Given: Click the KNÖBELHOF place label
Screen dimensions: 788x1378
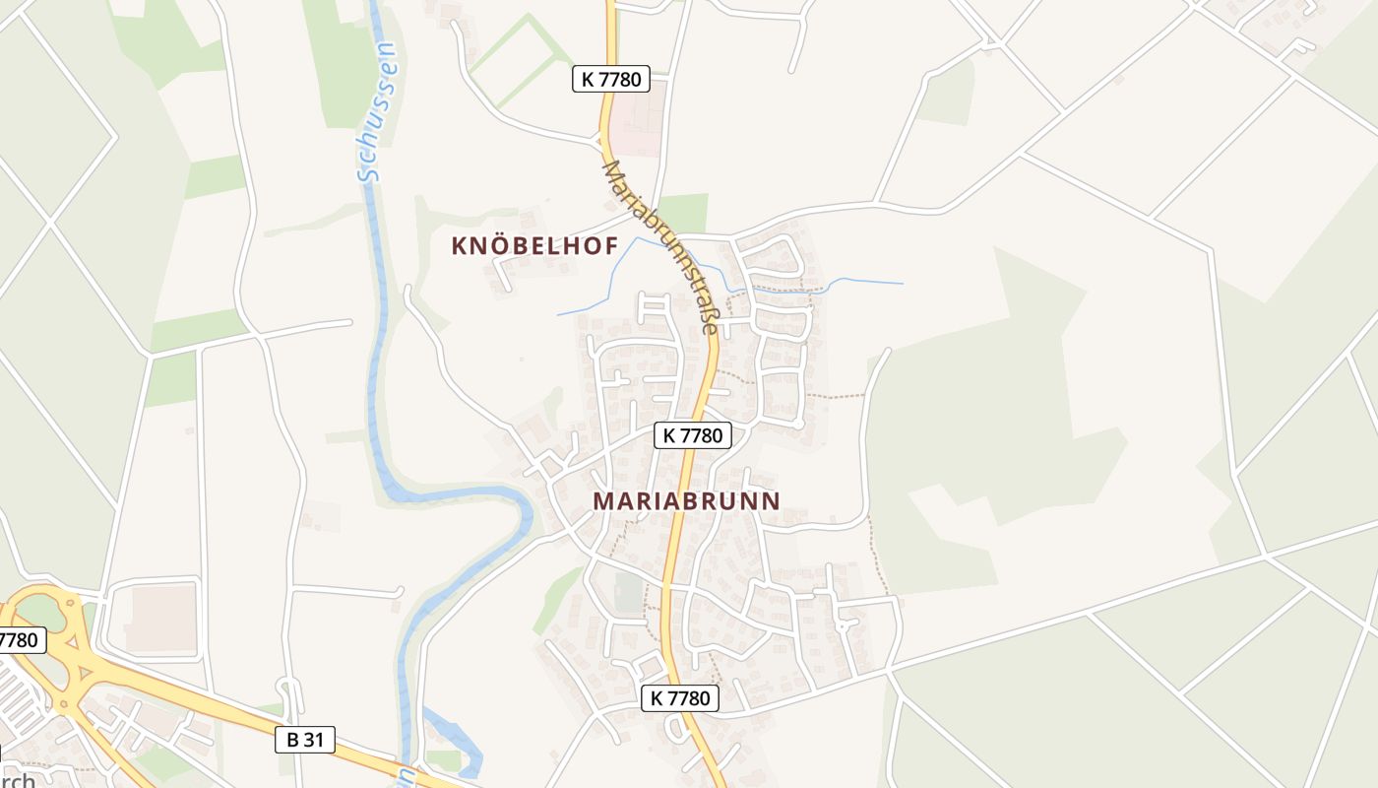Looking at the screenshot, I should (534, 246).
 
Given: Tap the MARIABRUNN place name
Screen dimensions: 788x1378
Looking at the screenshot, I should (686, 501).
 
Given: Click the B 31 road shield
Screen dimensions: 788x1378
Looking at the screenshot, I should (305, 740).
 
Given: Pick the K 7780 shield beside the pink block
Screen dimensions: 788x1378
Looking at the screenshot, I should (611, 80).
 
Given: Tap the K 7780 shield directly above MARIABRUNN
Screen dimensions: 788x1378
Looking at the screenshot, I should (693, 434).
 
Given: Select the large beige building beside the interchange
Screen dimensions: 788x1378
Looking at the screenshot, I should (162, 621).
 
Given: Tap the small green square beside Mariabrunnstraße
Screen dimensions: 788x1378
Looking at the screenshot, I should (684, 212).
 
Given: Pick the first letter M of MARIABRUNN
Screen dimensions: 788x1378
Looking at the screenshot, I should (603, 501).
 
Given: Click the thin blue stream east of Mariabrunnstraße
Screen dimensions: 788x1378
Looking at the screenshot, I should (866, 283).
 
